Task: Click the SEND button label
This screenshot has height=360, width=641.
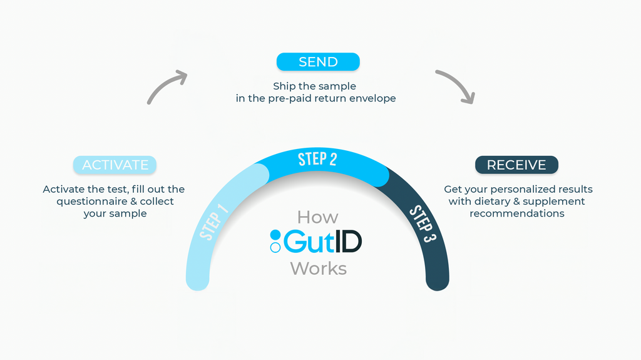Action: [x=318, y=62]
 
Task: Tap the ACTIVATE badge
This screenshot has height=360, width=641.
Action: [x=115, y=165]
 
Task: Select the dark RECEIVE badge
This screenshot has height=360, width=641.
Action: [x=516, y=165]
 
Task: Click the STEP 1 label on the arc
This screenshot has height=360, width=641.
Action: [x=214, y=221]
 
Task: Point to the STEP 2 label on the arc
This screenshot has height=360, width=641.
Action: [x=317, y=159]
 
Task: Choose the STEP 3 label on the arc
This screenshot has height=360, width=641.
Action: [x=423, y=224]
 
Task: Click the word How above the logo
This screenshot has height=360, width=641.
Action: [x=317, y=217]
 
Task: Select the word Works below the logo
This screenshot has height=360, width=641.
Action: [x=319, y=269]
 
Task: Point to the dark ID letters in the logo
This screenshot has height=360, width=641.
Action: [x=348, y=242]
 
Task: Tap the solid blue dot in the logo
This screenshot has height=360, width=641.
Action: [x=275, y=235]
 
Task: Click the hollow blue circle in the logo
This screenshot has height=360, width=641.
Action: [x=275, y=247]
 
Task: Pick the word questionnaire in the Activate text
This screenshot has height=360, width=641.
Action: [x=92, y=202]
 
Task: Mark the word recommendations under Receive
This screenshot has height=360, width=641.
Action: [x=516, y=213]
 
